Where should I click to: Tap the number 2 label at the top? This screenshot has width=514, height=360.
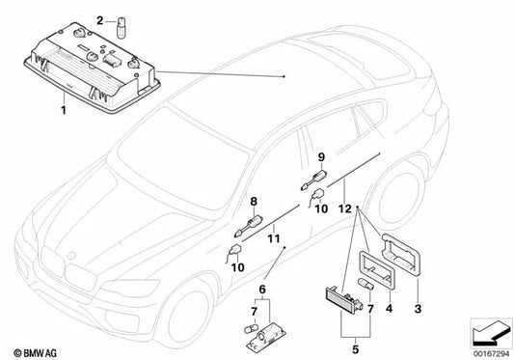tap(98, 18)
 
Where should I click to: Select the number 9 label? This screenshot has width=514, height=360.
tap(321, 151)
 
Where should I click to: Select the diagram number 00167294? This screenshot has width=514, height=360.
tap(486, 352)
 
